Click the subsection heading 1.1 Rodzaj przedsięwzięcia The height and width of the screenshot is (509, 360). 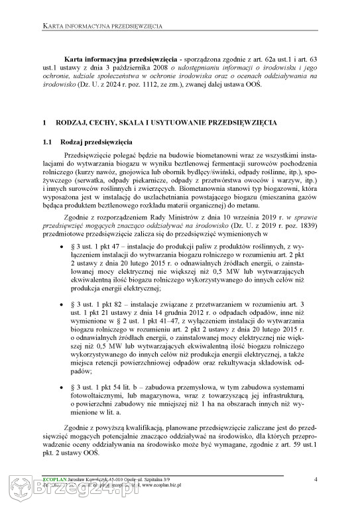tap(95, 142)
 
